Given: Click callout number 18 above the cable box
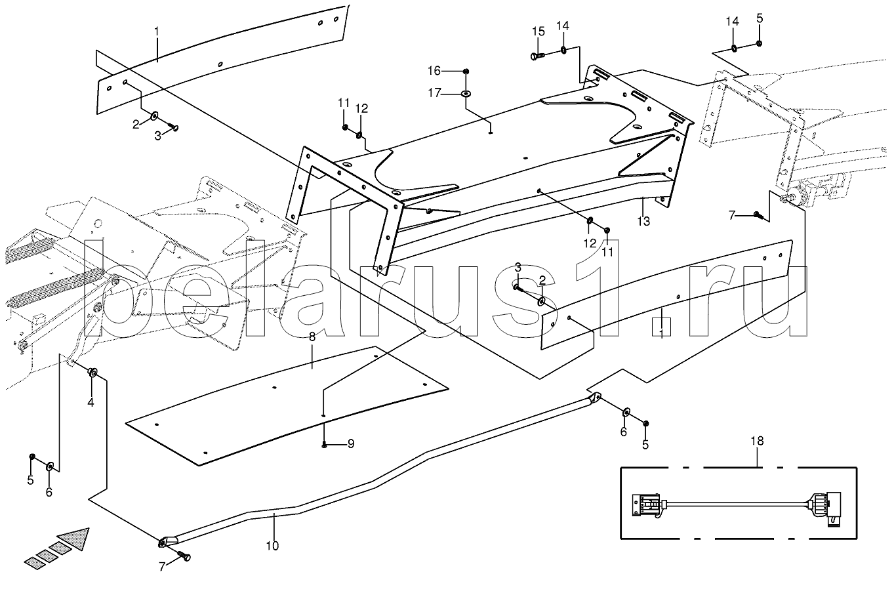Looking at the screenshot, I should (757, 441).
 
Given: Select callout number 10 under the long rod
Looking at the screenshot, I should (272, 545).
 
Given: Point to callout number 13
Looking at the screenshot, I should (643, 221).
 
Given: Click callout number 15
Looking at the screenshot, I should (538, 31).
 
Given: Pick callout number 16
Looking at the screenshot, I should (435, 71).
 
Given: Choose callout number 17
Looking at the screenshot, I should (435, 93).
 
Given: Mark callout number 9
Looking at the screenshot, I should (351, 443).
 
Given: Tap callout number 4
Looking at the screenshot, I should (91, 403).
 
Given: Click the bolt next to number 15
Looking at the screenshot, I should (535, 56).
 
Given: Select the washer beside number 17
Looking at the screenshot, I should (465, 94).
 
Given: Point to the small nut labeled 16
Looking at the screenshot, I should (465, 71).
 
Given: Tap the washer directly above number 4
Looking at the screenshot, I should (92, 373).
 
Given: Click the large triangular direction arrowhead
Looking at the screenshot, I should (73, 539).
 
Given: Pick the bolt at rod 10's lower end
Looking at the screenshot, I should (184, 557).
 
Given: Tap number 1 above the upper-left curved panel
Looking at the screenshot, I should (157, 31).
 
